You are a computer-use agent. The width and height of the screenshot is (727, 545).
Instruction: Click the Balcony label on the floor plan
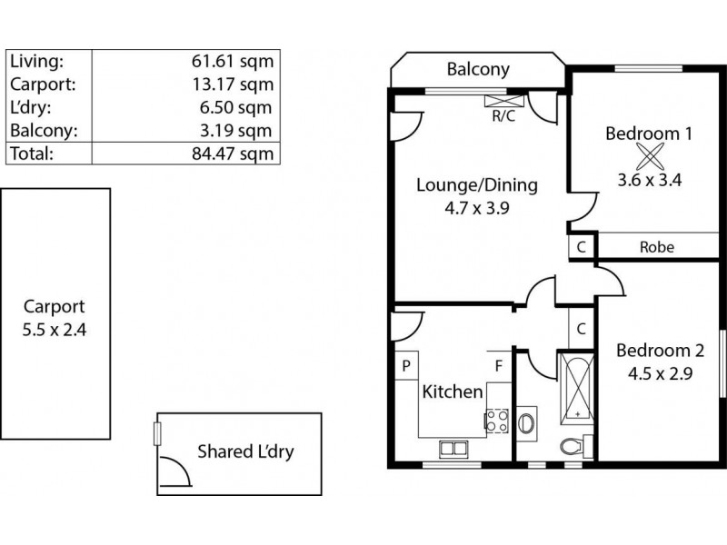478,69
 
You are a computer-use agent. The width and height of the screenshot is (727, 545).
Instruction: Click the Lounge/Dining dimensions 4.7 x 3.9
476,208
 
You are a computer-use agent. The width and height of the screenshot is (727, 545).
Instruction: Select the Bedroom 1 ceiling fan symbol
650,155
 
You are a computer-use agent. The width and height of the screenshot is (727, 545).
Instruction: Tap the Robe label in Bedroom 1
656,246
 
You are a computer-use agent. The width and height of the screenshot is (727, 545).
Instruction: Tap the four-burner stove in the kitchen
497,420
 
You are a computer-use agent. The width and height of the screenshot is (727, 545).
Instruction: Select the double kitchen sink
452,447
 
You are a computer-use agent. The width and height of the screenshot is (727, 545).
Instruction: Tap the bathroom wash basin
527,422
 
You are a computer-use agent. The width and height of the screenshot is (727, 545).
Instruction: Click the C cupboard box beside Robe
582,246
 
